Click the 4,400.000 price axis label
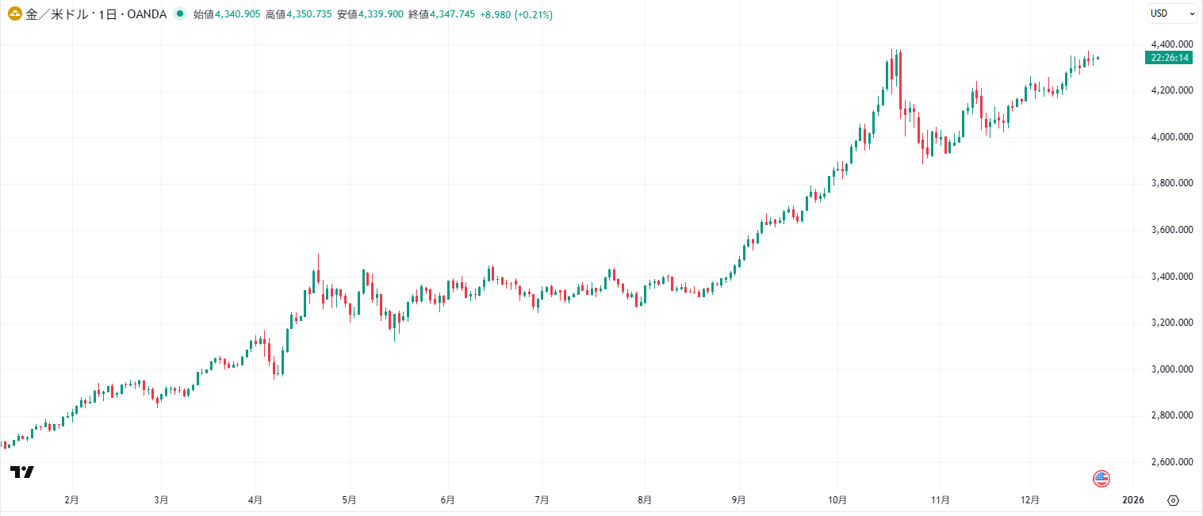click(1172, 44)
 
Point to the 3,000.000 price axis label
click(1172, 369)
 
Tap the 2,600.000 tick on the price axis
click(1172, 462)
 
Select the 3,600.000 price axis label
click(1172, 230)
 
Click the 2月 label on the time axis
click(71, 500)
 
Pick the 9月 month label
click(738, 500)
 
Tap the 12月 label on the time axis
click(1029, 500)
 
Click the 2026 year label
click(1133, 500)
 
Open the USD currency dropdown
click(1173, 13)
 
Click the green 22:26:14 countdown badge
click(1169, 58)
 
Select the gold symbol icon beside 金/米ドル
click(14, 14)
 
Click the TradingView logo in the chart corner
click(22, 472)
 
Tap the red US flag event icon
click(1101, 478)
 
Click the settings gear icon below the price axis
click(1174, 500)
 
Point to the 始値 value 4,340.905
click(238, 14)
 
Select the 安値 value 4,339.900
click(381, 14)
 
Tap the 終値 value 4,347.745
click(452, 14)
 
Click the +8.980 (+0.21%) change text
click(516, 14)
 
